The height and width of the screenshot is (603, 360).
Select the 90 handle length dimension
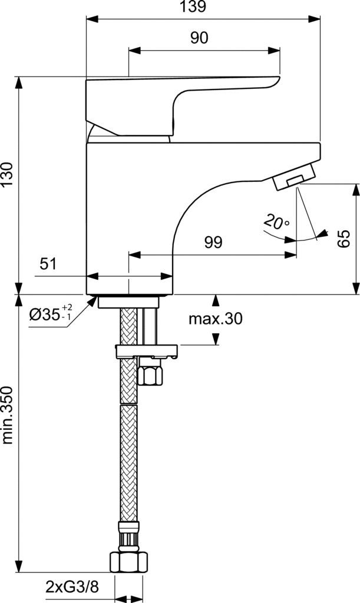coord(199,38)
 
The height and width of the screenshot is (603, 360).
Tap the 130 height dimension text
coord(8,175)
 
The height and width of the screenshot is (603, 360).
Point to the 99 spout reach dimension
coord(213,243)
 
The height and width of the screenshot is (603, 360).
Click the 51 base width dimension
coord(48,264)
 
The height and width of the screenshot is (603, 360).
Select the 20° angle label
coord(277,222)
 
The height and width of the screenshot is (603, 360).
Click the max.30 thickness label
coord(216,319)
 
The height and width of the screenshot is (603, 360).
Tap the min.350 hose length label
coord(8,415)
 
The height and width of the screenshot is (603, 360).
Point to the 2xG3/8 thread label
coord(72,587)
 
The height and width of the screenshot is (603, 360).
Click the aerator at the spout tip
coord(294,177)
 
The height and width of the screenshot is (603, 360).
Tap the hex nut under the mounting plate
coord(150,376)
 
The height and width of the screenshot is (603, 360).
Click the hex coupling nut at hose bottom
coord(128,562)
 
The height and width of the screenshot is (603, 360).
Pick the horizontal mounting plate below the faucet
coord(147,351)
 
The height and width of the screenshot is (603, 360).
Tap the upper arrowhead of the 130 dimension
coord(18,82)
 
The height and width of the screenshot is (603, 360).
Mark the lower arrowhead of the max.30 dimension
coord(216,339)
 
